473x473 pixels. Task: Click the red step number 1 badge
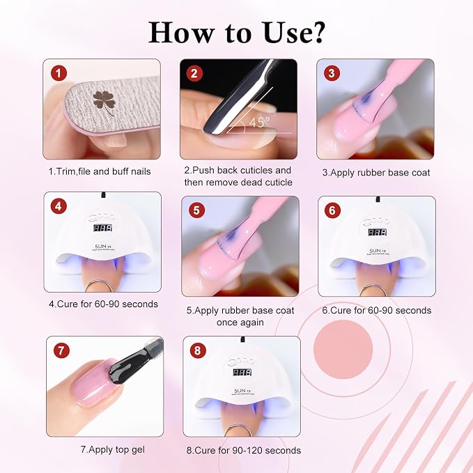(x=59, y=73)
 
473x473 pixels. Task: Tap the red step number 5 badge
(x=196, y=210)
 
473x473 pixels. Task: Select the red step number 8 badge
(x=198, y=350)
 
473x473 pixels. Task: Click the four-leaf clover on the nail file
(x=104, y=102)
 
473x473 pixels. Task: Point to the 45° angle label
(x=259, y=122)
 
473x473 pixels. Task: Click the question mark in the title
(x=316, y=32)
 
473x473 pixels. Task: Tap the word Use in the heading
(x=286, y=32)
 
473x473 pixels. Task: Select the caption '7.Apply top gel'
(x=113, y=450)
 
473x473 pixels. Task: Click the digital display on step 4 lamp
(x=102, y=228)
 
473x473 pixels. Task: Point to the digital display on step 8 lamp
(x=242, y=372)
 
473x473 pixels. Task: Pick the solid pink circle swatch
(x=343, y=349)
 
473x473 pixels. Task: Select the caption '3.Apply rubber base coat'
(x=376, y=173)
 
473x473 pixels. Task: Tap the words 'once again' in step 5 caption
(x=240, y=323)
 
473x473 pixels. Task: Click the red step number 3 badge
(x=332, y=73)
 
